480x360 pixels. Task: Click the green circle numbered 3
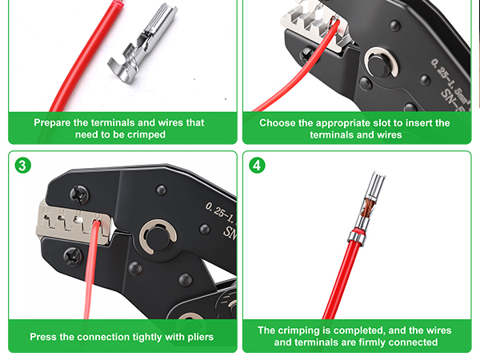tap(22, 166)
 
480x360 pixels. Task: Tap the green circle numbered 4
tap(257, 166)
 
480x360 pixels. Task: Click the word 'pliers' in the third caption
tap(201, 338)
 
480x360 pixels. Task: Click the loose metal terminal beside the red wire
tap(142, 43)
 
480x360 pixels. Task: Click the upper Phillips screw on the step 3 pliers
tap(79, 194)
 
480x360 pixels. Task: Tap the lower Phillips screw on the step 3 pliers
tap(73, 256)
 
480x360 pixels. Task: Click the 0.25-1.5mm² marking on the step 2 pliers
tap(449, 80)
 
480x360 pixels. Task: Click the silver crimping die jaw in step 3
tap(74, 222)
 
